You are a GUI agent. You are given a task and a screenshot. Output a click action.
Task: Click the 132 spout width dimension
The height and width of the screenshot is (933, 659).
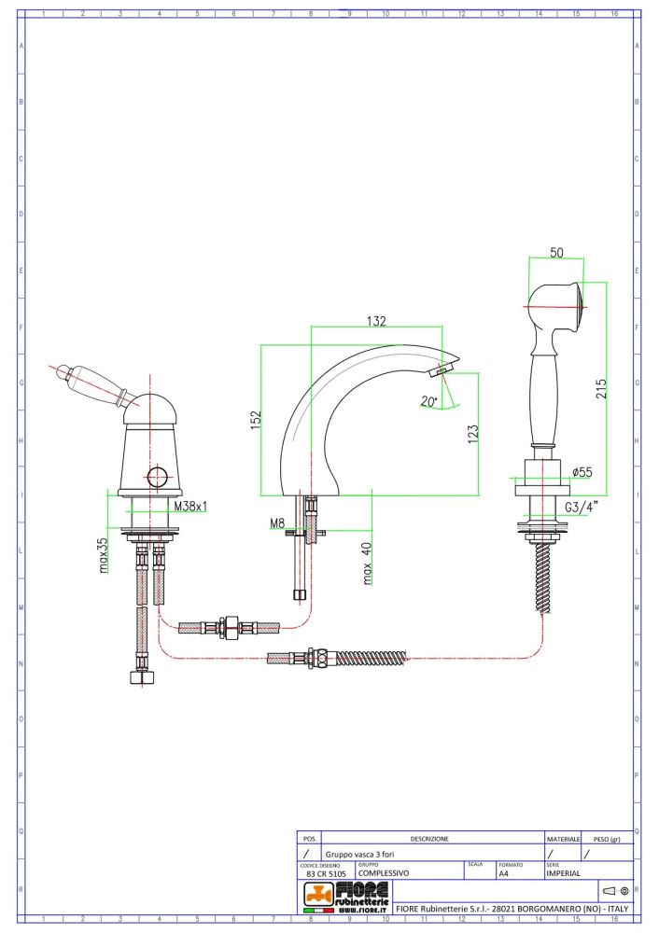click(376, 320)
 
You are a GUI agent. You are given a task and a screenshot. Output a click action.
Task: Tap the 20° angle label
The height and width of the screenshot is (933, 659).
click(428, 401)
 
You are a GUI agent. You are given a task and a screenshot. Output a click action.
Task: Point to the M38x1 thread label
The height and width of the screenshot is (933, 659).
click(190, 507)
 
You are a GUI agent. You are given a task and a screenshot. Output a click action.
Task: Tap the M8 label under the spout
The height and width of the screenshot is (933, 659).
click(277, 523)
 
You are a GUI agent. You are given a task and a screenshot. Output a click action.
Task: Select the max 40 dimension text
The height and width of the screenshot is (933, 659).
click(368, 563)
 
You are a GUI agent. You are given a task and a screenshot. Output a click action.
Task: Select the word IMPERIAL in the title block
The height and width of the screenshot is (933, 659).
click(564, 874)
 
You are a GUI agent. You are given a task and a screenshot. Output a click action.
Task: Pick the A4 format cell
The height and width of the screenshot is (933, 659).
click(504, 874)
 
